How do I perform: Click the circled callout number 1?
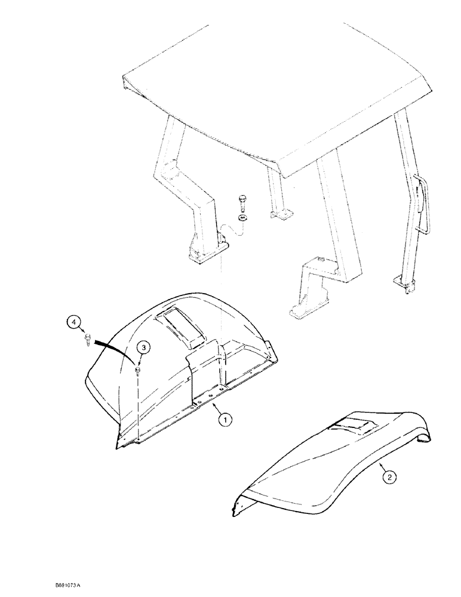[x=225, y=420]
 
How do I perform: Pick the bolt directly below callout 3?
[x=138, y=371]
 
